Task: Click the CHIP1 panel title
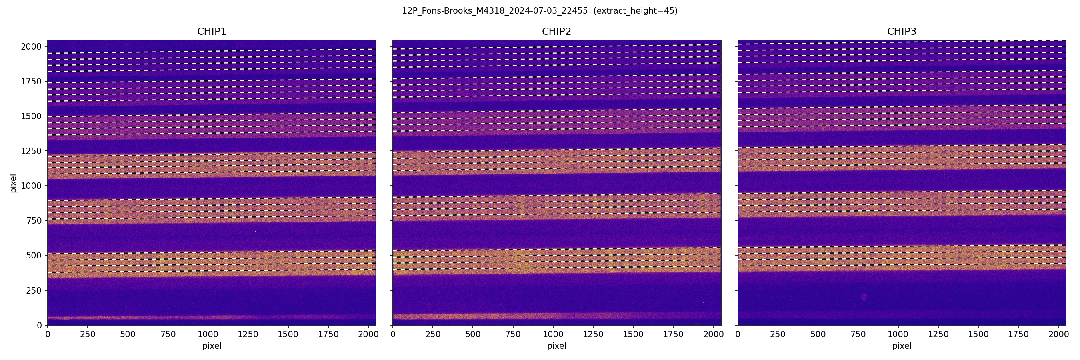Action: (x=212, y=32)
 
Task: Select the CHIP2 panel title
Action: (x=556, y=32)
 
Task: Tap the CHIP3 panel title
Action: (x=901, y=32)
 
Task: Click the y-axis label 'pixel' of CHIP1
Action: (x=14, y=183)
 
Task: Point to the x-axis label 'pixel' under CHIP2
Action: (x=556, y=346)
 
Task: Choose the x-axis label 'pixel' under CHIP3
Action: (x=901, y=346)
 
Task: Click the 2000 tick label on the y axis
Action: (x=32, y=46)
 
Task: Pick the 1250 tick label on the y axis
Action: (x=32, y=151)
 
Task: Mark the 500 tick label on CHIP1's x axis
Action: (x=128, y=334)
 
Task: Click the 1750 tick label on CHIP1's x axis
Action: (x=328, y=334)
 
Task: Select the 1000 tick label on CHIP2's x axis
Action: (x=553, y=334)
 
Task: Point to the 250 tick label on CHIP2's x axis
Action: (x=433, y=334)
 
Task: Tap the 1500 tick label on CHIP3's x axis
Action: (x=978, y=334)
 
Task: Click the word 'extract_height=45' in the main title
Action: (x=635, y=11)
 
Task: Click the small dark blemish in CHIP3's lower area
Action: (x=864, y=297)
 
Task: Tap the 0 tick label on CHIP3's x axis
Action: (x=738, y=334)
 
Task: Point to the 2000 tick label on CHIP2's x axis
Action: (x=713, y=334)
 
